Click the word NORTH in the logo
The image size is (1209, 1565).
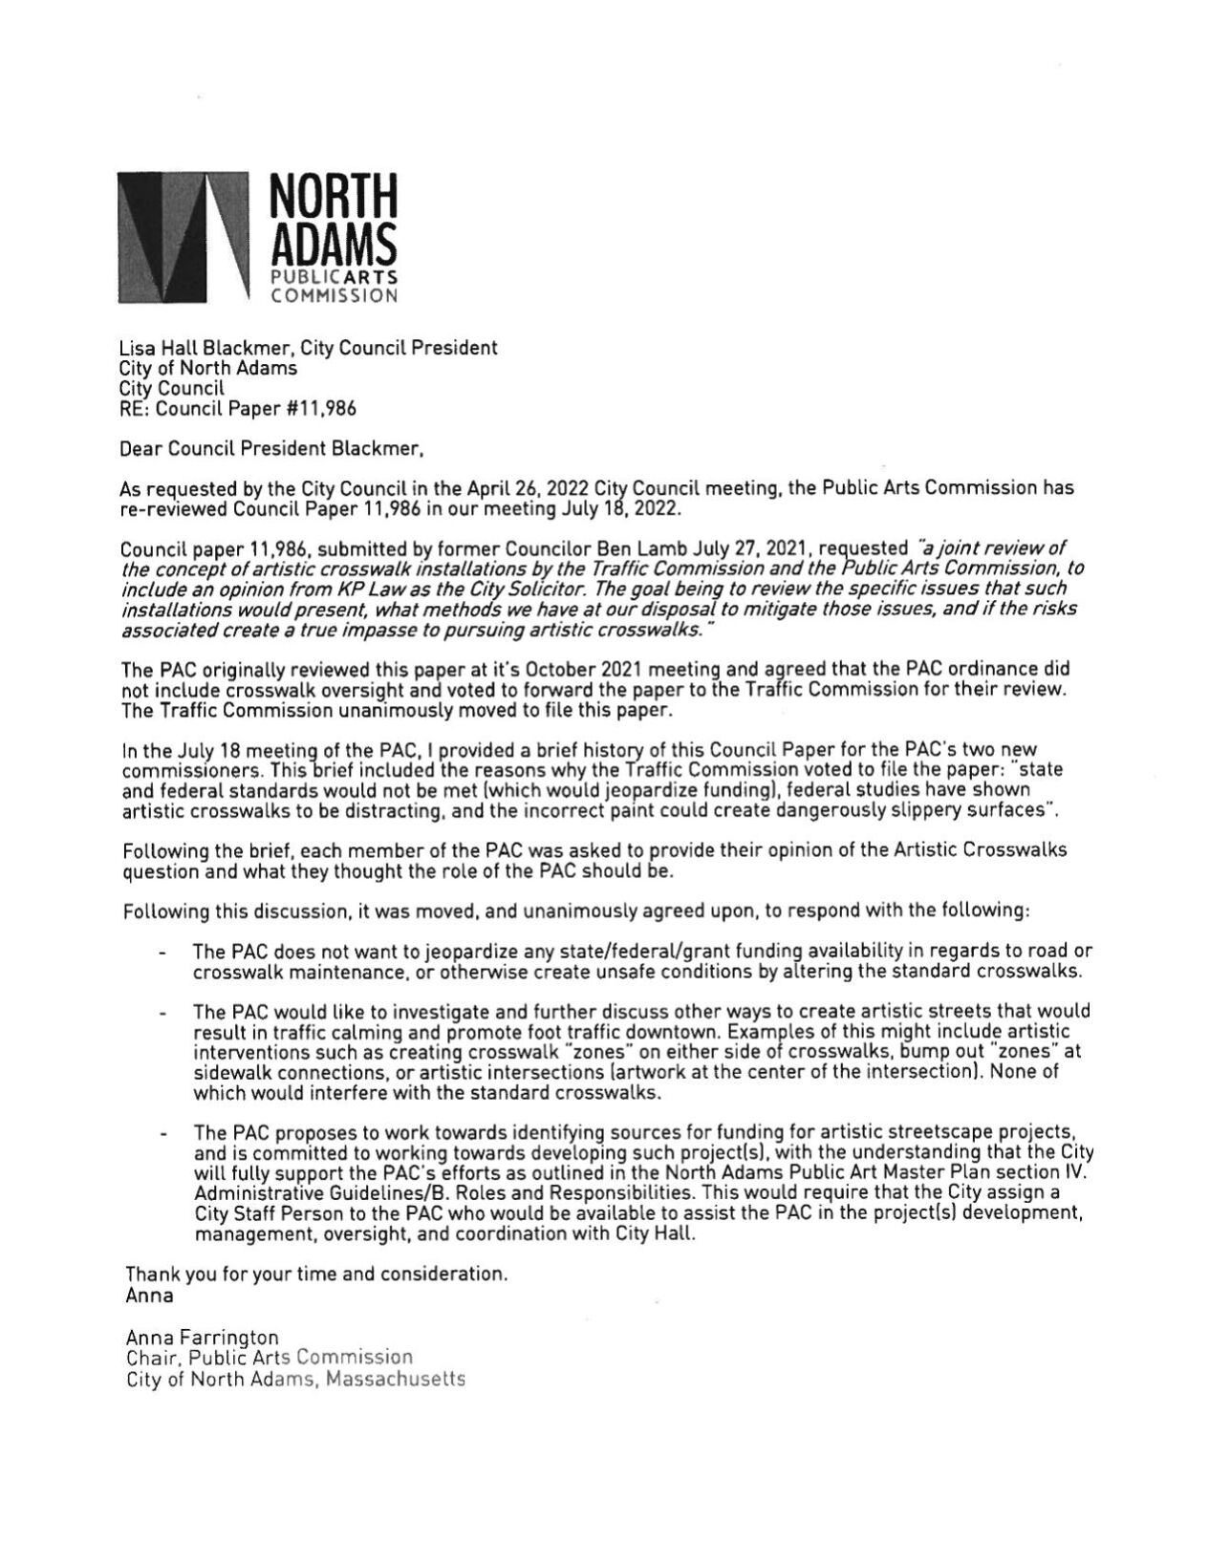tap(332, 194)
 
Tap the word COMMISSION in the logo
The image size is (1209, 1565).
tap(332, 296)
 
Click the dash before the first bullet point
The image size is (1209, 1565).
tap(163, 953)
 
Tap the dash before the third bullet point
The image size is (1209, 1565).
tap(163, 1134)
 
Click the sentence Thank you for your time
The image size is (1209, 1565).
tap(315, 1275)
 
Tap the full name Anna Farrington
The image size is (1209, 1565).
tap(202, 1338)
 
